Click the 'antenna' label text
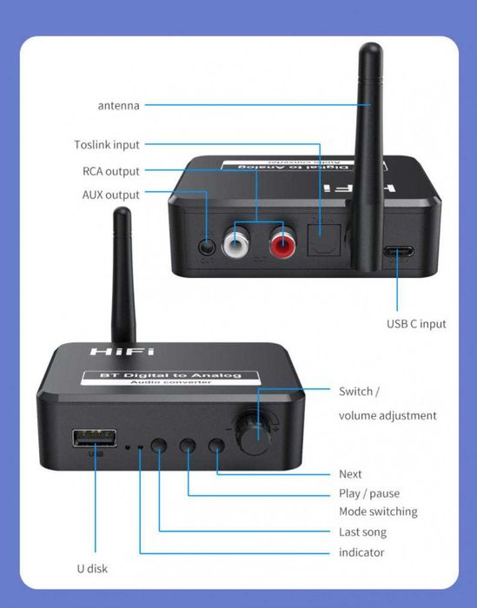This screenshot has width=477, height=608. (118, 106)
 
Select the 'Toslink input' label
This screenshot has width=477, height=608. (106, 145)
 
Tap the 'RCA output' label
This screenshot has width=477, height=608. (110, 171)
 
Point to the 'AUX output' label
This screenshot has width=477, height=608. (110, 195)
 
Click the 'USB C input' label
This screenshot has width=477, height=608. (416, 324)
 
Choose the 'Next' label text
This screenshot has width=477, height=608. (350, 474)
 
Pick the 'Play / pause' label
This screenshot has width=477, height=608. (369, 493)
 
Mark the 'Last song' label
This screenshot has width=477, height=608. (362, 532)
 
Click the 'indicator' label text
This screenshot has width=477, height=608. (361, 552)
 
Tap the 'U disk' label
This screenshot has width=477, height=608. (90, 569)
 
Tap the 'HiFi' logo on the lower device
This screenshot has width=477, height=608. (121, 353)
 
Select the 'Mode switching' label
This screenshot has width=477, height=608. (378, 512)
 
